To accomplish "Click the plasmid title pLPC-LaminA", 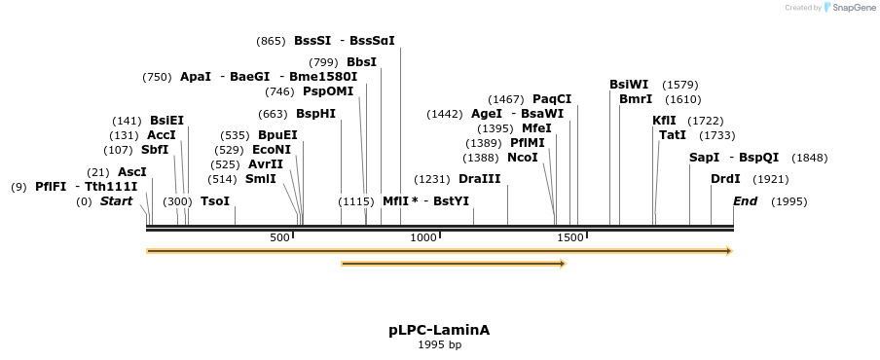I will [439, 330].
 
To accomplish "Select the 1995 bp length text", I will [439, 344].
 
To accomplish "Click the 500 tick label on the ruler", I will [279, 237].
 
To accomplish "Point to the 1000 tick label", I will [423, 237].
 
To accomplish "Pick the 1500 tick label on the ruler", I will [569, 237].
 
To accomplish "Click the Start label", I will [116, 201].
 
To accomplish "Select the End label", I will [745, 201].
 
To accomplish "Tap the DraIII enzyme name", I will [479, 179].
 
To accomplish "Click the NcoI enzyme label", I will [522, 157].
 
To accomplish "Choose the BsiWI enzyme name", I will [628, 85].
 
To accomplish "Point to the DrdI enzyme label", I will [725, 179].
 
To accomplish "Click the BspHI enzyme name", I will [315, 114].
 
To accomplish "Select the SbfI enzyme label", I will [155, 150].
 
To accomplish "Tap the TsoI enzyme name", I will [215, 201].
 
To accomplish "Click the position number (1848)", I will [809, 158].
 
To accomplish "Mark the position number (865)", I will [271, 41].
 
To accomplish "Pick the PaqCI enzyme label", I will [552, 99].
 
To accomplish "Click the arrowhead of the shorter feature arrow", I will [562, 264].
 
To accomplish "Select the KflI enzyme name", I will [664, 121].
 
